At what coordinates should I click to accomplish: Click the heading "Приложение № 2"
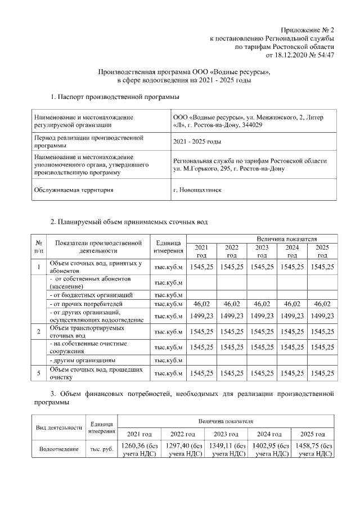tap(308, 30)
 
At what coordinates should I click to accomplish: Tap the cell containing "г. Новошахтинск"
tap(197, 190)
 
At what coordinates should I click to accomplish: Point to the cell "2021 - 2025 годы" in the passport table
tap(197, 141)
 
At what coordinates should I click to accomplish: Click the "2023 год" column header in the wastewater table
tap(262, 251)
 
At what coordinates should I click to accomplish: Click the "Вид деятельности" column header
tap(59, 427)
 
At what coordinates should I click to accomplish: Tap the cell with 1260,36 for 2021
tap(139, 450)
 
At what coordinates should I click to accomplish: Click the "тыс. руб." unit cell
tap(101, 450)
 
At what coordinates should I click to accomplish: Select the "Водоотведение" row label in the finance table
tap(59, 450)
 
